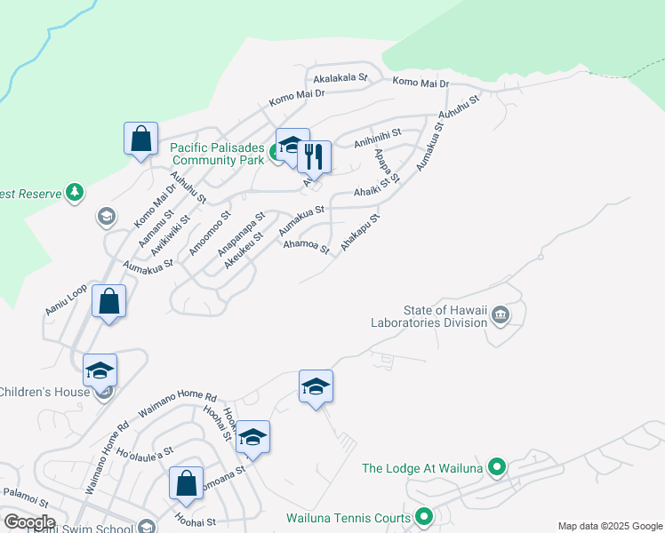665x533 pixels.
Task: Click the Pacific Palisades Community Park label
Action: click(218, 154)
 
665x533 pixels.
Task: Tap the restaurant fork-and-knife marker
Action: click(314, 157)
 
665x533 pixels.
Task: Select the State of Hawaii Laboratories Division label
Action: click(447, 316)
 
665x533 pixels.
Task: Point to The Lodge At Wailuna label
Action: click(421, 468)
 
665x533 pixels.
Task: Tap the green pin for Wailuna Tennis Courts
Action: click(425, 516)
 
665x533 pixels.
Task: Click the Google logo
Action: click(29, 521)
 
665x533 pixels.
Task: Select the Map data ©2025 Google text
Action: click(610, 526)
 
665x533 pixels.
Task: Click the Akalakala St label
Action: click(341, 78)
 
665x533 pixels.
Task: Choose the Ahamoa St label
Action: click(306, 243)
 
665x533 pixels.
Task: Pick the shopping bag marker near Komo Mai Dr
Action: click(140, 139)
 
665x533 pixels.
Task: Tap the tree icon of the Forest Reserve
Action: click(76, 192)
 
